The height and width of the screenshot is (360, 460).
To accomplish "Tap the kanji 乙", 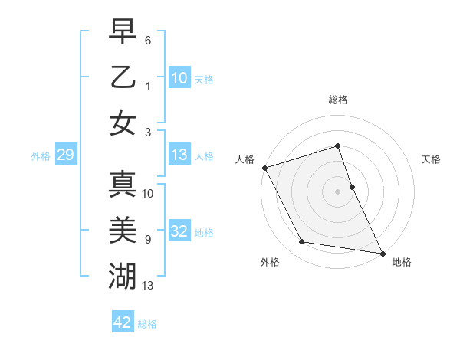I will (123, 77).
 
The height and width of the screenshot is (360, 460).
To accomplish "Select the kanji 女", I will (123, 123).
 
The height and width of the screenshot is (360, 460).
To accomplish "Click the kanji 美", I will (123, 230).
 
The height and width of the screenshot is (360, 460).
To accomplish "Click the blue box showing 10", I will (179, 78).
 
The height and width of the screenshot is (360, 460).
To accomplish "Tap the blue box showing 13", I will (179, 155).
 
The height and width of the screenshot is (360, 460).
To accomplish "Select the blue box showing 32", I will (179, 231).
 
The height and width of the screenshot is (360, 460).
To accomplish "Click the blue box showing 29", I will (65, 155).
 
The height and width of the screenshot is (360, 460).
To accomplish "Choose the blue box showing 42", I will (123, 322).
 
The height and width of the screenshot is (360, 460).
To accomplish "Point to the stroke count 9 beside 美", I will (148, 239).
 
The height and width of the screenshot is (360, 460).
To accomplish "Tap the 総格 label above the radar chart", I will (338, 100).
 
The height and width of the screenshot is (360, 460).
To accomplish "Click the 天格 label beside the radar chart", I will (432, 159).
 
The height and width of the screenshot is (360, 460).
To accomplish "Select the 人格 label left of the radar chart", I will (245, 159).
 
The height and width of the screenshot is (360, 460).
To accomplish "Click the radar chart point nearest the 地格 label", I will (381, 252).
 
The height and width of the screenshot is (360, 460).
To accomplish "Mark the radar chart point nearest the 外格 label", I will (302, 242).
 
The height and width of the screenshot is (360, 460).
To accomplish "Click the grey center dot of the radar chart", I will (338, 191).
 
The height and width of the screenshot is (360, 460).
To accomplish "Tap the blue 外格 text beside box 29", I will (41, 156).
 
